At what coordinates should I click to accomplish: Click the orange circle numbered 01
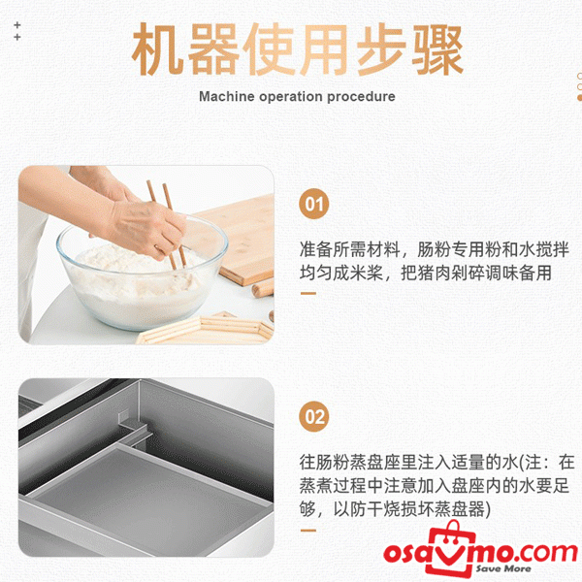click(314, 205)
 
